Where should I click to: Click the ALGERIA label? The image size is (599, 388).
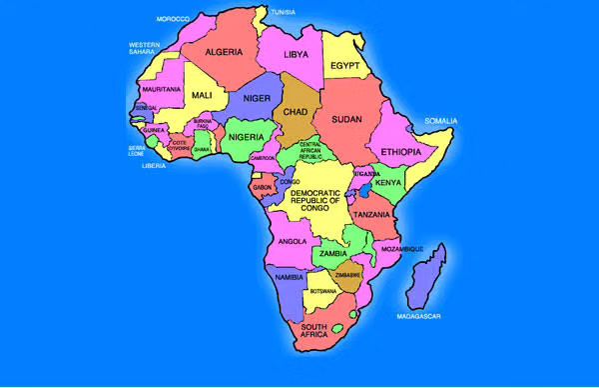coord(225,52)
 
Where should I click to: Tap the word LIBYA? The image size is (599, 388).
coord(297,54)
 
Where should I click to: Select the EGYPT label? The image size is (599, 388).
coord(345,66)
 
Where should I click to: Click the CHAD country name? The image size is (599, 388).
coord(297,112)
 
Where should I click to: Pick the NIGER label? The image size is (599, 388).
coord(257,98)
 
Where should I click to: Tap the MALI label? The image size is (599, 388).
coord(202,95)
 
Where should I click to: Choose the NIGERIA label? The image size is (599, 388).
coord(245,136)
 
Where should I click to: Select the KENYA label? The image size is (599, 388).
coord(388,183)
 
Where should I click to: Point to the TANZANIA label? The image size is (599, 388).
coord(370,215)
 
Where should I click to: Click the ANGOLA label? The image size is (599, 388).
coord(292,241)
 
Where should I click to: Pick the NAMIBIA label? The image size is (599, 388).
coord(289,276)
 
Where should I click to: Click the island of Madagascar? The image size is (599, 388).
coord(427,277)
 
